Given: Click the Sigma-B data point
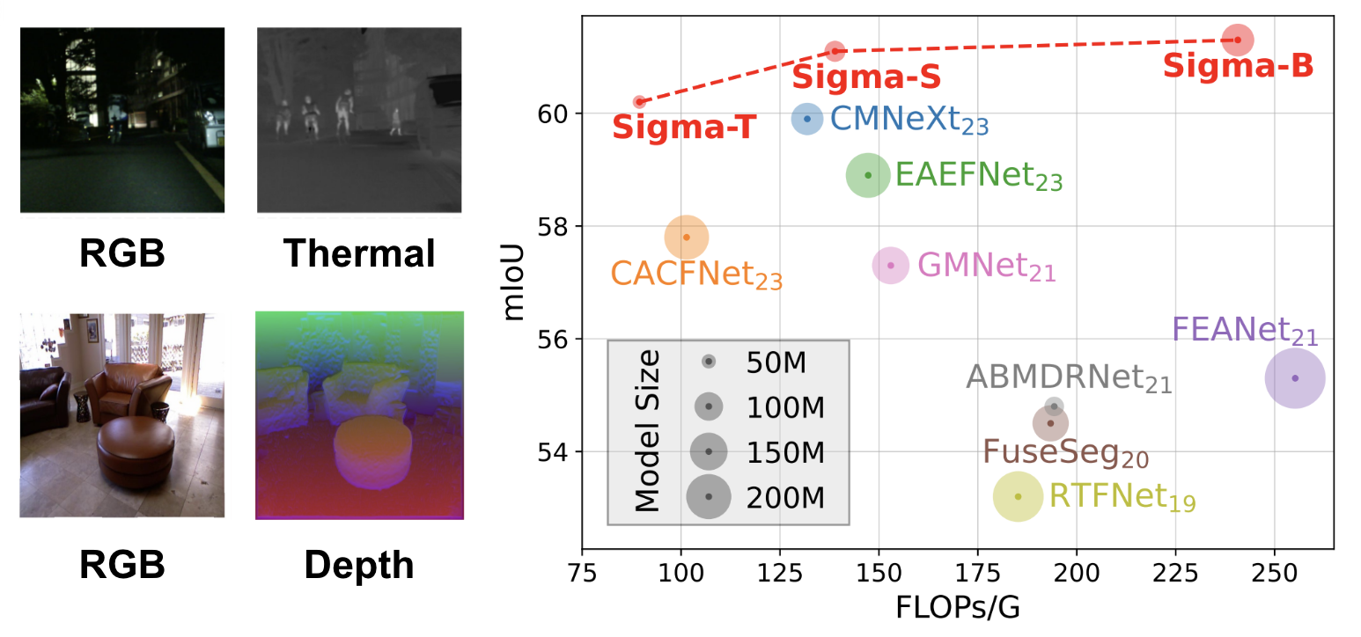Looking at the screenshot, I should point(1238,40).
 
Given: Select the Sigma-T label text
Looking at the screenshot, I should point(684,128).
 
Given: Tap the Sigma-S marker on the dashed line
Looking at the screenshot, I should point(835,51).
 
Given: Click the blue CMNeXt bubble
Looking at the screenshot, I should point(807,119).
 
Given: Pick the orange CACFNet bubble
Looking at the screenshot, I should point(687,237).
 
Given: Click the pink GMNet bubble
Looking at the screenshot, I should point(891,265).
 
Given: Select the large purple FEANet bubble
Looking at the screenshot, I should point(1295,378).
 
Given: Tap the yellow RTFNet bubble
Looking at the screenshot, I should point(1019,496).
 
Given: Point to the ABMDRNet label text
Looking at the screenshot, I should point(1069,378).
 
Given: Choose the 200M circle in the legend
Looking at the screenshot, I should point(709,497).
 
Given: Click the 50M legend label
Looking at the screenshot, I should point(776,362).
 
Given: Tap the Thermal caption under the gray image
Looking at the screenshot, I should point(359,253).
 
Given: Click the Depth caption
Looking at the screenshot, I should point(359,565).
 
